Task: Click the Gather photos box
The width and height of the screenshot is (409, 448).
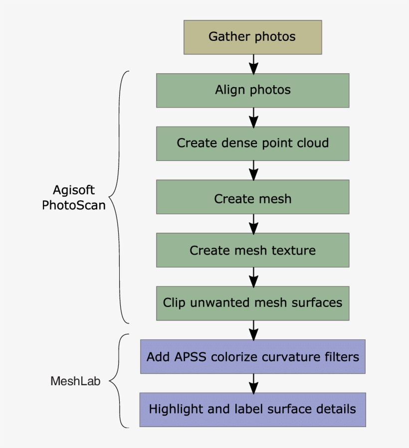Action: (252, 37)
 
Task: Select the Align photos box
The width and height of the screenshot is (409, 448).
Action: (252, 90)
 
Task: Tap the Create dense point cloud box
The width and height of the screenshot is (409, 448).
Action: (252, 144)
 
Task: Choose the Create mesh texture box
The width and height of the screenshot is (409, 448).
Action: (252, 250)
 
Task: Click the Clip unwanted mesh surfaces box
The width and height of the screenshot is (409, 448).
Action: (252, 303)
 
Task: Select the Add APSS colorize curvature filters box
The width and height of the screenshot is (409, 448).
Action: (252, 357)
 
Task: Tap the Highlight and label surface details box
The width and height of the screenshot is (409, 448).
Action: (252, 410)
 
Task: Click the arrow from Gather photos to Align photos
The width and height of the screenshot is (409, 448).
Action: (253, 64)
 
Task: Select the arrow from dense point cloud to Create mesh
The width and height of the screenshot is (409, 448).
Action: (253, 170)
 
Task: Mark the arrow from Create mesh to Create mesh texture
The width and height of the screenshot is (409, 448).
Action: (253, 224)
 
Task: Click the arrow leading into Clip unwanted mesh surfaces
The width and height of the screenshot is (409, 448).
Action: (253, 276)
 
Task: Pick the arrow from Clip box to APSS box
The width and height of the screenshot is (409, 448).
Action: (253, 330)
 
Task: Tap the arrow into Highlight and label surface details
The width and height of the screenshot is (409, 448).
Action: (253, 383)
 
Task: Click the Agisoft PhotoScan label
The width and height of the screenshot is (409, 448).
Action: (74, 198)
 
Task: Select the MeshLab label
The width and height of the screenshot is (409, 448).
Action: (75, 382)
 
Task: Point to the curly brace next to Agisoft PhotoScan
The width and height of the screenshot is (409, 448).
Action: (118, 197)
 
